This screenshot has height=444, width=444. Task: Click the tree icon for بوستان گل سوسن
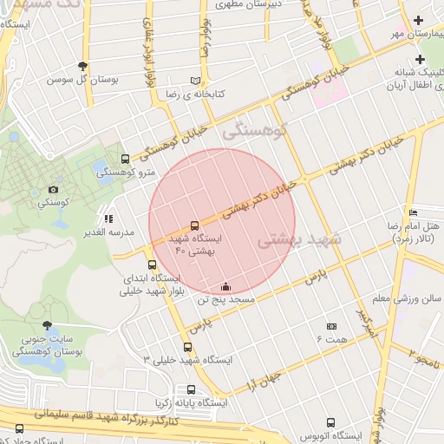(x=82, y=66)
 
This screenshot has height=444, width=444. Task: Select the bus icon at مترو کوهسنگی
(x=126, y=159)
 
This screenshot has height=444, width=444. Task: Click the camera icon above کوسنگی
(x=53, y=189)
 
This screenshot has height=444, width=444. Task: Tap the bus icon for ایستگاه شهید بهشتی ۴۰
(x=193, y=225)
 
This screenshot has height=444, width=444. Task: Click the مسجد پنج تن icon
(x=226, y=286)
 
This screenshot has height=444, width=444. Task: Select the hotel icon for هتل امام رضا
(x=413, y=212)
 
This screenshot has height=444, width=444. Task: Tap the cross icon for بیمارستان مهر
(x=421, y=20)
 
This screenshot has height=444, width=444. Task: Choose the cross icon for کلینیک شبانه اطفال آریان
(x=421, y=60)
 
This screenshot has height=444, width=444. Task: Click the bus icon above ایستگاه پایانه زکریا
(x=191, y=389)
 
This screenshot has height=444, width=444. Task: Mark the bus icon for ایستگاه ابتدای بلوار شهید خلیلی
(x=153, y=264)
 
